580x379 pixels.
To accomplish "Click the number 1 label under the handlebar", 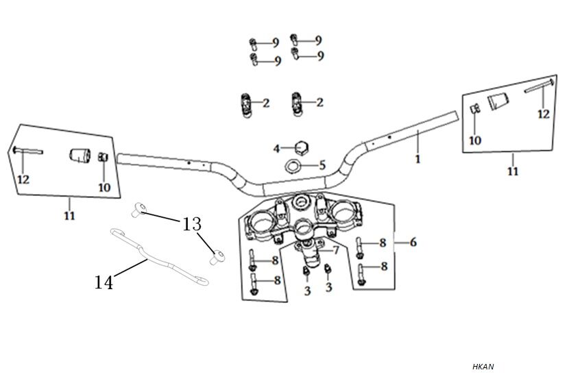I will [418, 158].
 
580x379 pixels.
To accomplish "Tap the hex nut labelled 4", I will [300, 147].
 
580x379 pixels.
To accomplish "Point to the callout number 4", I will [277, 148].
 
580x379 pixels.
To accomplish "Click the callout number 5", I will [322, 165].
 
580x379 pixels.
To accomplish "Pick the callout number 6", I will [413, 242].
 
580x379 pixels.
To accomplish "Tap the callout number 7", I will [336, 250].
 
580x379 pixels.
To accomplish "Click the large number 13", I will [192, 224].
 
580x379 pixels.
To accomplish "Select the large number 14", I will [104, 281].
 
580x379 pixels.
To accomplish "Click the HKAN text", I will [483, 367].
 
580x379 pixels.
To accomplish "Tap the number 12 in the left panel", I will [23, 180].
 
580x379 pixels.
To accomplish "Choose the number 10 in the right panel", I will [475, 140].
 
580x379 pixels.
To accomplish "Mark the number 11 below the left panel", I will [69, 216].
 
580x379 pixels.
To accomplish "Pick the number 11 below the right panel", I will [513, 171].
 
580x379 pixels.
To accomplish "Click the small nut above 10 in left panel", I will [103, 158].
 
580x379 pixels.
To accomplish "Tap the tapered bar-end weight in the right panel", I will [498, 102].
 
